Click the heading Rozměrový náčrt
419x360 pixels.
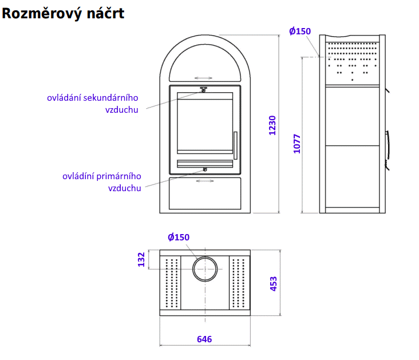coord(63,13)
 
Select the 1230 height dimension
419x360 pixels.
coord(273,125)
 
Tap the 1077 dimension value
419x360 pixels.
coord(297,144)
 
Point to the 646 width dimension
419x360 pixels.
coord(204,339)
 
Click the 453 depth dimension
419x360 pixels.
coord(273,284)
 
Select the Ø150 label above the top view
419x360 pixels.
coord(179,238)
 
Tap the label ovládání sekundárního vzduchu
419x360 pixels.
coord(93,103)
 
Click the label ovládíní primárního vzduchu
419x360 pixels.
coord(102,181)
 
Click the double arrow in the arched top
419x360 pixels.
coord(203,77)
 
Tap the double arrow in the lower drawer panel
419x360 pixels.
coord(204,181)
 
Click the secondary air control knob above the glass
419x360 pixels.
coord(203,89)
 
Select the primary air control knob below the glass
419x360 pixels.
coord(204,170)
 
